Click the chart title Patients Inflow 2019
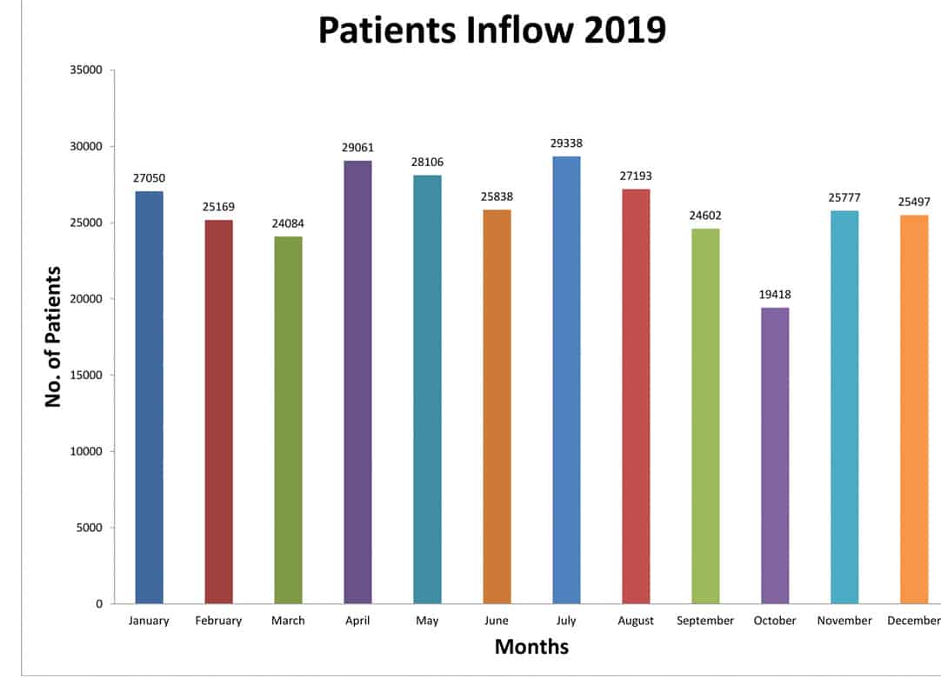pyautogui.click(x=491, y=30)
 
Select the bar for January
pyautogui.click(x=149, y=397)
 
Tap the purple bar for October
pyautogui.click(x=775, y=455)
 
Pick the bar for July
pyautogui.click(x=566, y=380)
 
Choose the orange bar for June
pyautogui.click(x=497, y=407)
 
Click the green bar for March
pyautogui.click(x=288, y=420)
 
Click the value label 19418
pyautogui.click(x=775, y=295)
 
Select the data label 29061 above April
pyautogui.click(x=357, y=148)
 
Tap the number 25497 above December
pyautogui.click(x=914, y=202)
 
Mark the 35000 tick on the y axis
pyautogui.click(x=86, y=70)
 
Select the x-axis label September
pyautogui.click(x=705, y=621)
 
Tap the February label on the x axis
pyautogui.click(x=218, y=621)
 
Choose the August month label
pyautogui.click(x=636, y=621)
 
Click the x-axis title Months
pyautogui.click(x=531, y=647)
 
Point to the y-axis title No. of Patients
pyautogui.click(x=53, y=336)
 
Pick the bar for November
pyautogui.click(x=844, y=407)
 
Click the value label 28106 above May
pyautogui.click(x=427, y=163)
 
